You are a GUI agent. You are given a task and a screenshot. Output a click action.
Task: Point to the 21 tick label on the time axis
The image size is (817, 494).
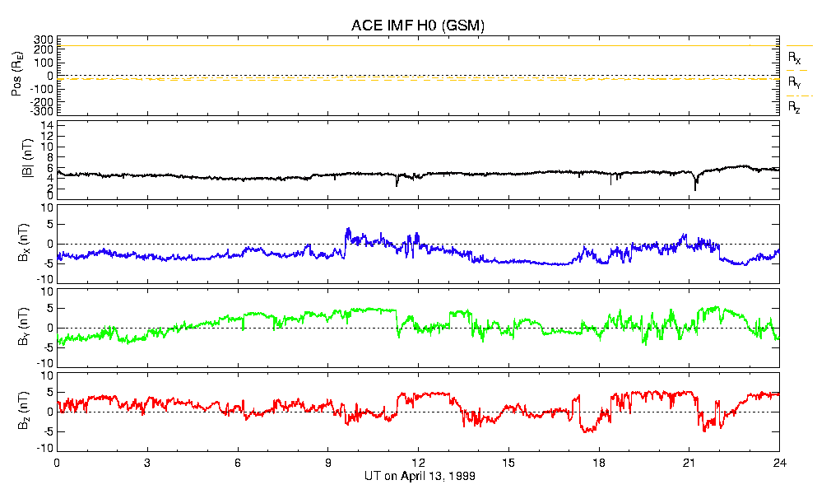click(689, 463)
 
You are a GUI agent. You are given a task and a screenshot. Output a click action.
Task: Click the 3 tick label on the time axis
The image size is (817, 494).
click(147, 463)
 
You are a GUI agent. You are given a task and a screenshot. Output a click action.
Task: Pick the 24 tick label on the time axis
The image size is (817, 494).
click(778, 463)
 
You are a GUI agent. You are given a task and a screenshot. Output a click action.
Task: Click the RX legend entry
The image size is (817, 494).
click(795, 58)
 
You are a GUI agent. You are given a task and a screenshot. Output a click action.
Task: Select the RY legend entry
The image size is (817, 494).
click(795, 82)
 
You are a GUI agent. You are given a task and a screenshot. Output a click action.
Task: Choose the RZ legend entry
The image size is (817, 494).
click(795, 107)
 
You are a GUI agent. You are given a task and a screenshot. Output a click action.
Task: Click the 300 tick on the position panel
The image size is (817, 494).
click(44, 40)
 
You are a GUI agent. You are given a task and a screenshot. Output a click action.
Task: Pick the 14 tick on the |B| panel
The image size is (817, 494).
click(48, 125)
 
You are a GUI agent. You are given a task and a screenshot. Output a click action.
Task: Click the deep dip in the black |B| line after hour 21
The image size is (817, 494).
click(695, 189)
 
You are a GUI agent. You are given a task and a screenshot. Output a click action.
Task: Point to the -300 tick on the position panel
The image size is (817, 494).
click(41, 111)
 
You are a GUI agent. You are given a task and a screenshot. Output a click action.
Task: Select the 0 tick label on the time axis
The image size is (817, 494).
click(57, 463)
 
